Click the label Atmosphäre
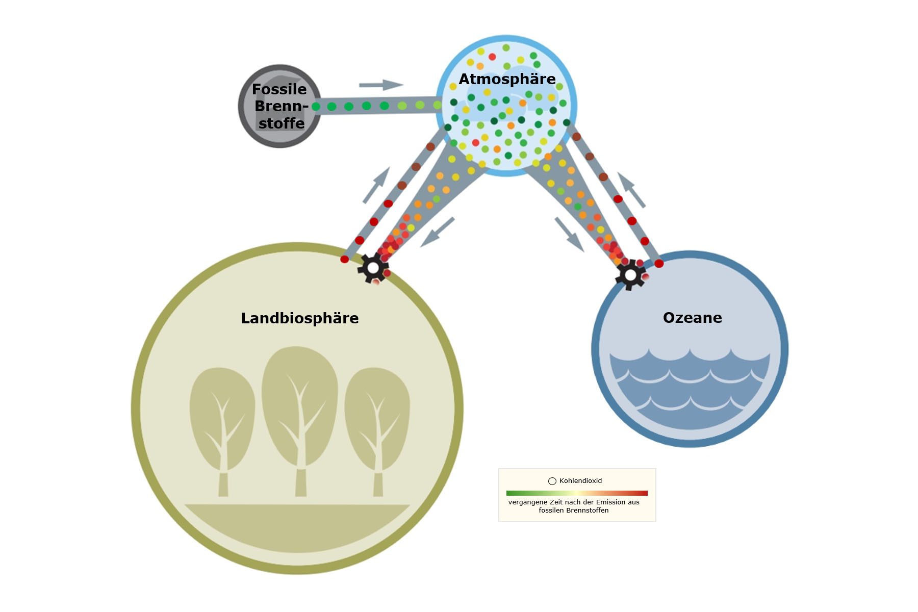coord(507,79)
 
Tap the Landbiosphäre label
coord(299,318)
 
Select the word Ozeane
coord(692,318)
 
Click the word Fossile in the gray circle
coord(279,89)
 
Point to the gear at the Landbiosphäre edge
coord(373,268)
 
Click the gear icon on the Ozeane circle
coord(631,275)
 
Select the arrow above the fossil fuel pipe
coord(381,85)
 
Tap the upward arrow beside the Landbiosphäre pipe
coord(376,185)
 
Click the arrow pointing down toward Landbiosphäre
coord(437,232)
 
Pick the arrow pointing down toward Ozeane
coord(569,234)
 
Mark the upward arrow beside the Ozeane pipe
coord(631,190)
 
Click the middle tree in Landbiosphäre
coord(300,418)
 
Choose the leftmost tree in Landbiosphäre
coord(222,428)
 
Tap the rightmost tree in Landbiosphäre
coord(377,428)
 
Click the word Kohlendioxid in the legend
coord(580,481)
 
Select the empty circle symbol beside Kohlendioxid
coord(552,481)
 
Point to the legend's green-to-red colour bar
coord(577,493)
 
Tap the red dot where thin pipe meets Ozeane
coord(659,264)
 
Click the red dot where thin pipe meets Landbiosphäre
coord(345,259)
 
